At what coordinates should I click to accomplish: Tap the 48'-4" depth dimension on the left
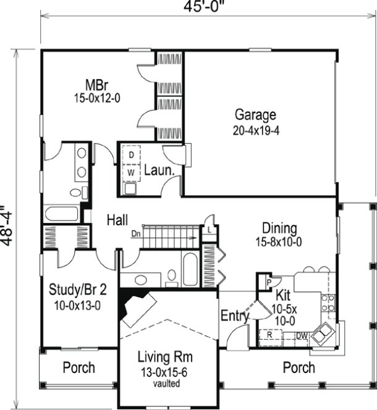(8, 226)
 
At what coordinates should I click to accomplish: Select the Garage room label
(255, 115)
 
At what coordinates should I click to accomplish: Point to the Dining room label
(279, 228)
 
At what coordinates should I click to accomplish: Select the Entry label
(234, 317)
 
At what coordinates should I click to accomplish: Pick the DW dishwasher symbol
(302, 337)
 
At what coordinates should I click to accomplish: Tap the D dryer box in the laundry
(131, 155)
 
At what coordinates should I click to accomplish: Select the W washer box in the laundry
(131, 172)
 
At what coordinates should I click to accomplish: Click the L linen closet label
(211, 230)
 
